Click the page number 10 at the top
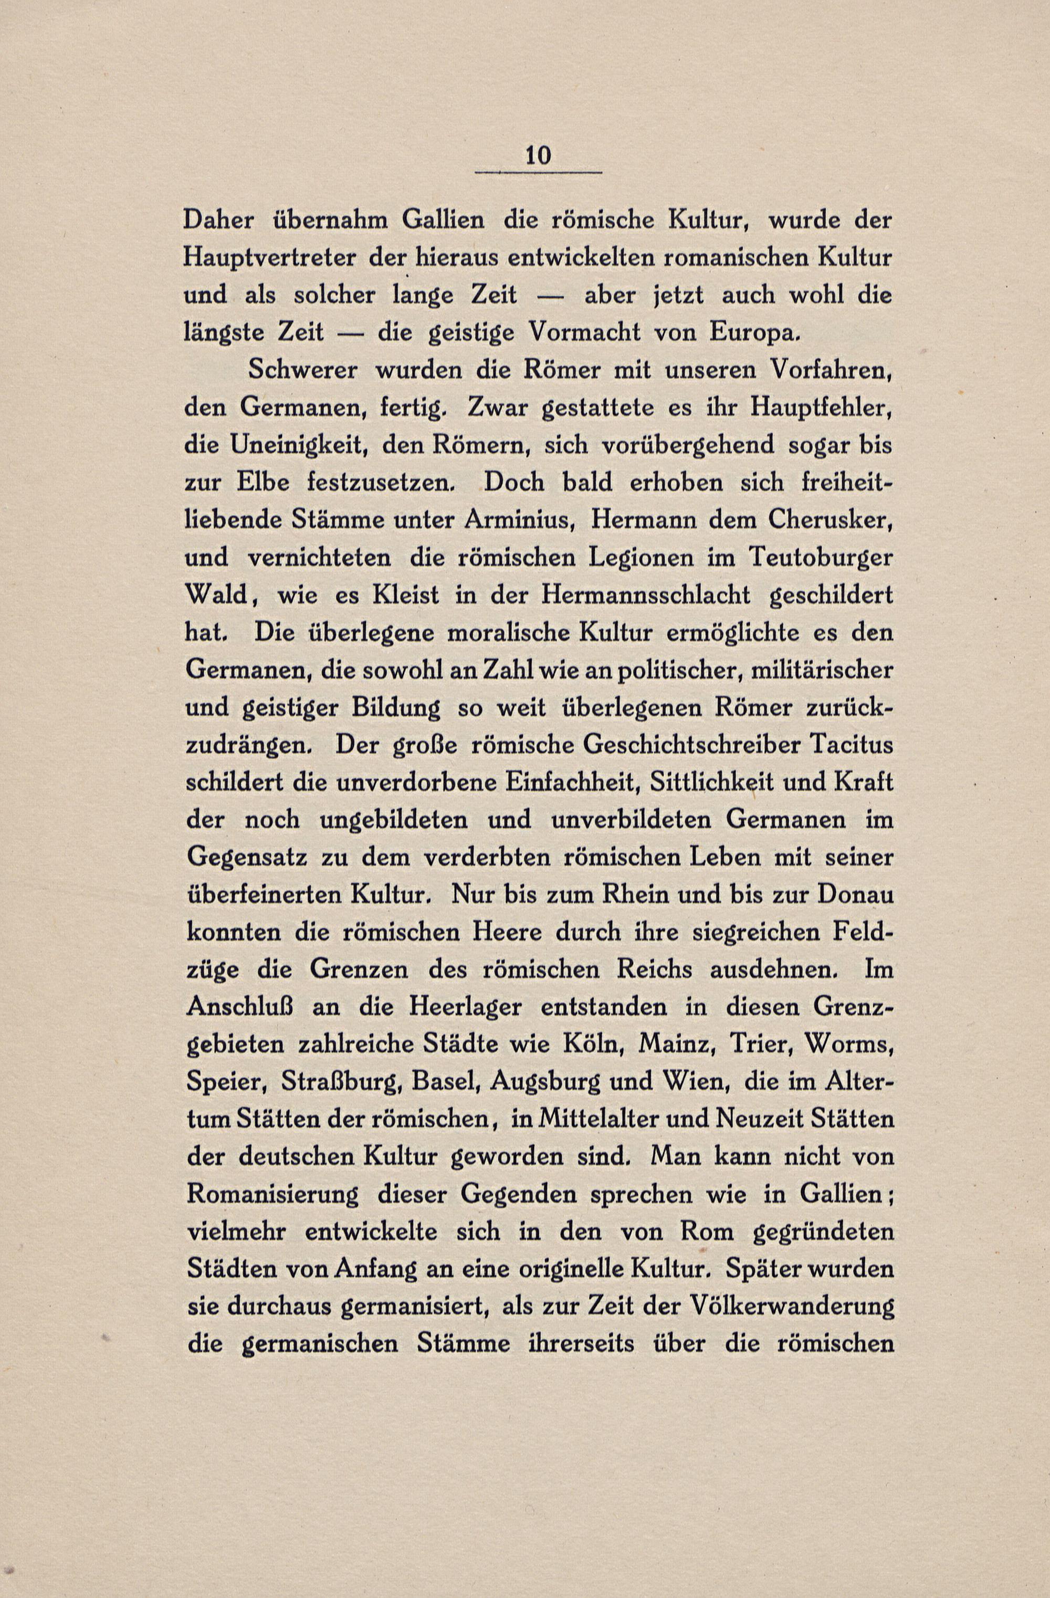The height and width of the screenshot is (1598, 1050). [539, 156]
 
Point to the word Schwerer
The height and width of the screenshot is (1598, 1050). [302, 370]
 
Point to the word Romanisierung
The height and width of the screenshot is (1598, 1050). [271, 1195]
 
